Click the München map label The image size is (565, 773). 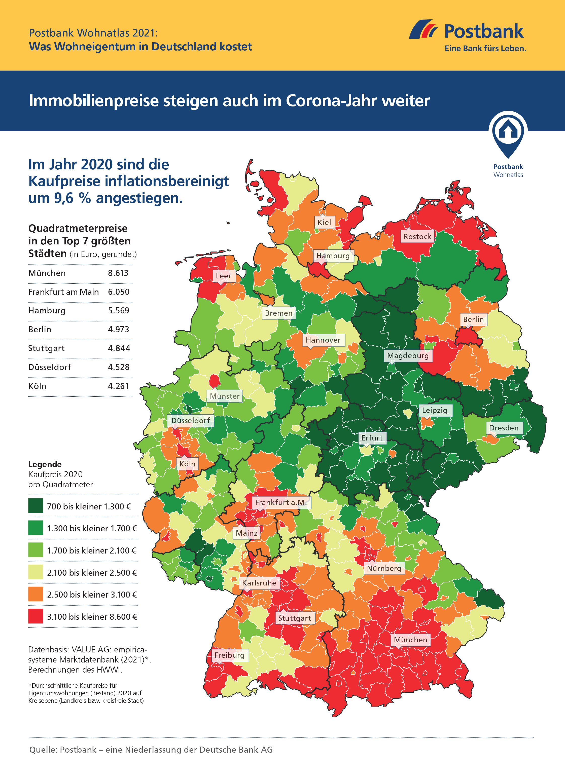410,639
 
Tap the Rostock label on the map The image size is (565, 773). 417,236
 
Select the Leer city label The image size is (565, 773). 223,276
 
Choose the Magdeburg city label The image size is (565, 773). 408,356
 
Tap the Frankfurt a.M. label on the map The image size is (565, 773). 281,502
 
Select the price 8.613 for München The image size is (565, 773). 118,273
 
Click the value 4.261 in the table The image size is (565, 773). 118,386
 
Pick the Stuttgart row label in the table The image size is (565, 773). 46,348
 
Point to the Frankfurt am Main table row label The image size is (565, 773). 63,292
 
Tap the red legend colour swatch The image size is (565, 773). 36,616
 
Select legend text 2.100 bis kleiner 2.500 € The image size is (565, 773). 92,573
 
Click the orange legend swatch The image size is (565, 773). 36,594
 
